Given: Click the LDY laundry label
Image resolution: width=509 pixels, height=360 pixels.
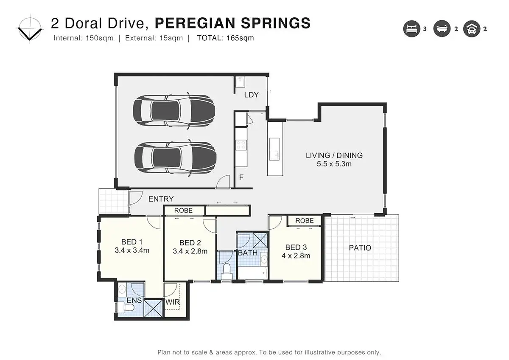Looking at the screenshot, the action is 251,95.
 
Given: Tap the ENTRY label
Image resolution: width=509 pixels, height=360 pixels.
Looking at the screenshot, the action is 161,199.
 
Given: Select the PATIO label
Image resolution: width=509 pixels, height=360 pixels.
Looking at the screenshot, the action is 360,247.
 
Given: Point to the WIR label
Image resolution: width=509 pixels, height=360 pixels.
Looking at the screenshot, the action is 173,302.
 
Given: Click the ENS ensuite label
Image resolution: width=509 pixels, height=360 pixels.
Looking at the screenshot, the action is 134,300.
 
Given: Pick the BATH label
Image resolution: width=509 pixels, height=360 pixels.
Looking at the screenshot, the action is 248,253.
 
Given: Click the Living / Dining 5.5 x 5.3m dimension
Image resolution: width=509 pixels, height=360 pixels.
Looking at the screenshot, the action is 334,164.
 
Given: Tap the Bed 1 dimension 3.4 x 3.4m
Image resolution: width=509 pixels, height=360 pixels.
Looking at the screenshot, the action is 132,250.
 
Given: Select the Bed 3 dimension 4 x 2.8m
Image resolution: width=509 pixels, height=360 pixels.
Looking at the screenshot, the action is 296,256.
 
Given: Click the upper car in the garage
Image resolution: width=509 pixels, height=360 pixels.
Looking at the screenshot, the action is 174,111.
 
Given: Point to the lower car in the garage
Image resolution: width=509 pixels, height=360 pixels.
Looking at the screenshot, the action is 175,157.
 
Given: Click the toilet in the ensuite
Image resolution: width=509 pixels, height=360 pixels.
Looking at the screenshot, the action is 126,307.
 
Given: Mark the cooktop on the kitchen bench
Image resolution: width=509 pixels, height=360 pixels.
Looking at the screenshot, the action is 241,145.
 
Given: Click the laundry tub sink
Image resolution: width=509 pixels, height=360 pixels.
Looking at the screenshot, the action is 240,82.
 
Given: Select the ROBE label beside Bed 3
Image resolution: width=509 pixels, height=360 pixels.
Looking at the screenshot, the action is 305,220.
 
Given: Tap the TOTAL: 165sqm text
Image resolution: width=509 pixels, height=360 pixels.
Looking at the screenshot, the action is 225,38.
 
